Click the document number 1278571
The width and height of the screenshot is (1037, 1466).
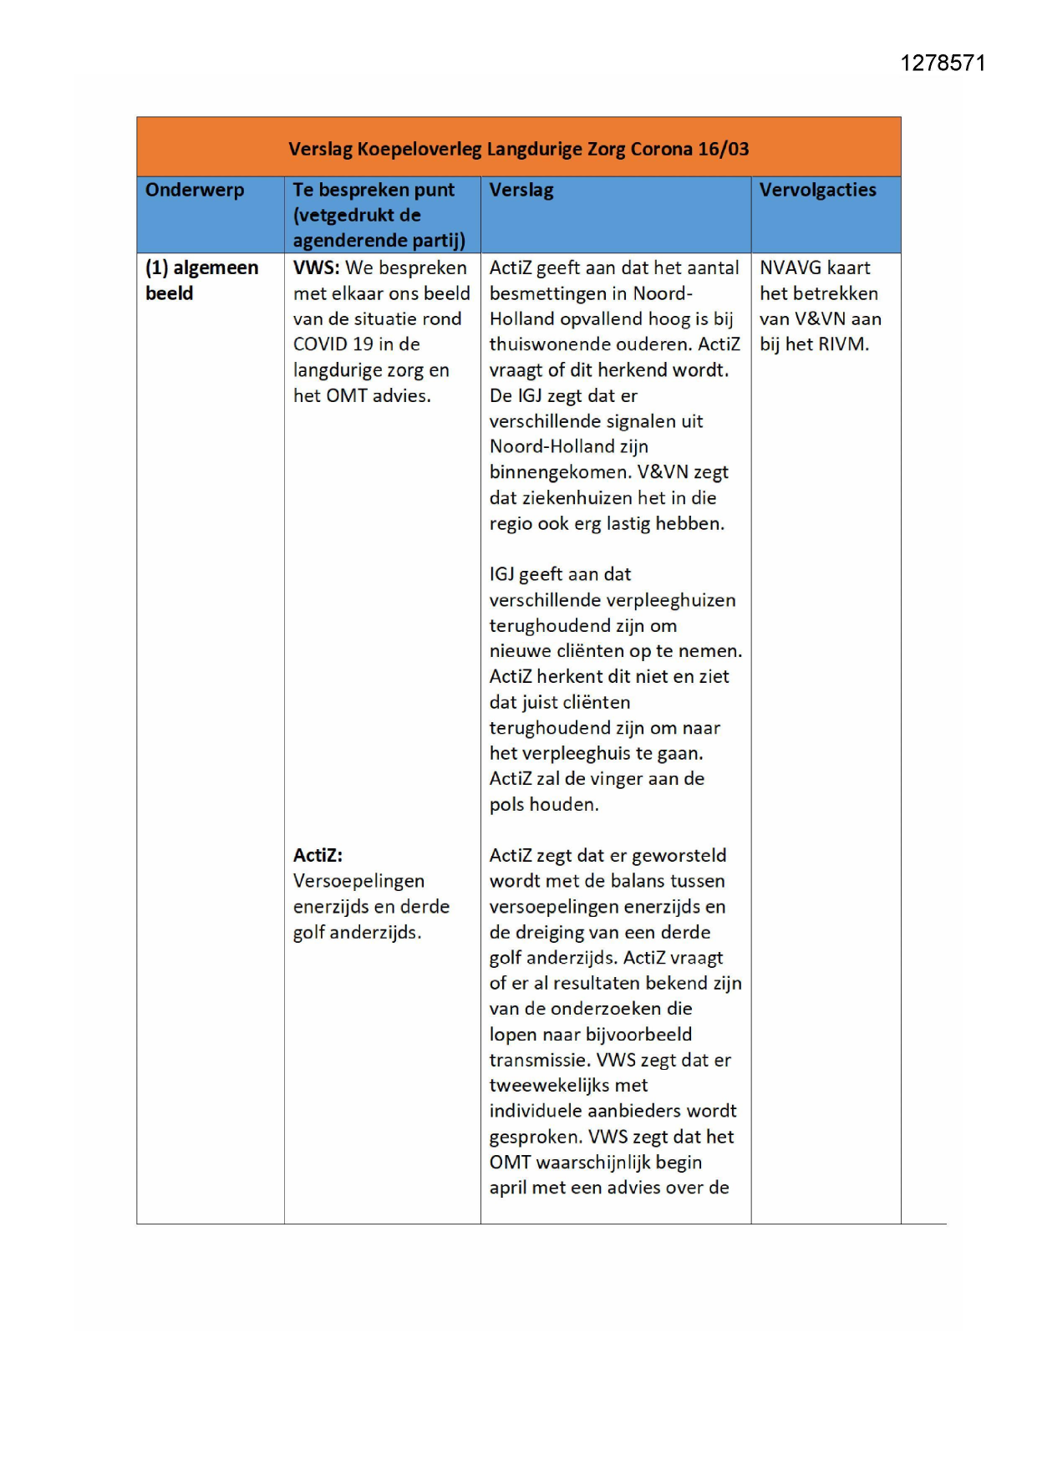tap(943, 64)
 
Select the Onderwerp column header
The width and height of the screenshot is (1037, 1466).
tap(195, 190)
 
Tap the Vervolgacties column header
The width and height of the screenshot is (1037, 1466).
tap(817, 190)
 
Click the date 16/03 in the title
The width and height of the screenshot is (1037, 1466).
tap(724, 149)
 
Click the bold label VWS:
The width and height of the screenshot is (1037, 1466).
tap(316, 267)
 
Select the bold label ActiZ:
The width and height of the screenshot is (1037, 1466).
tap(318, 855)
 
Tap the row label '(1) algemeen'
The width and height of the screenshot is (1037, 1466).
tap(201, 267)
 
